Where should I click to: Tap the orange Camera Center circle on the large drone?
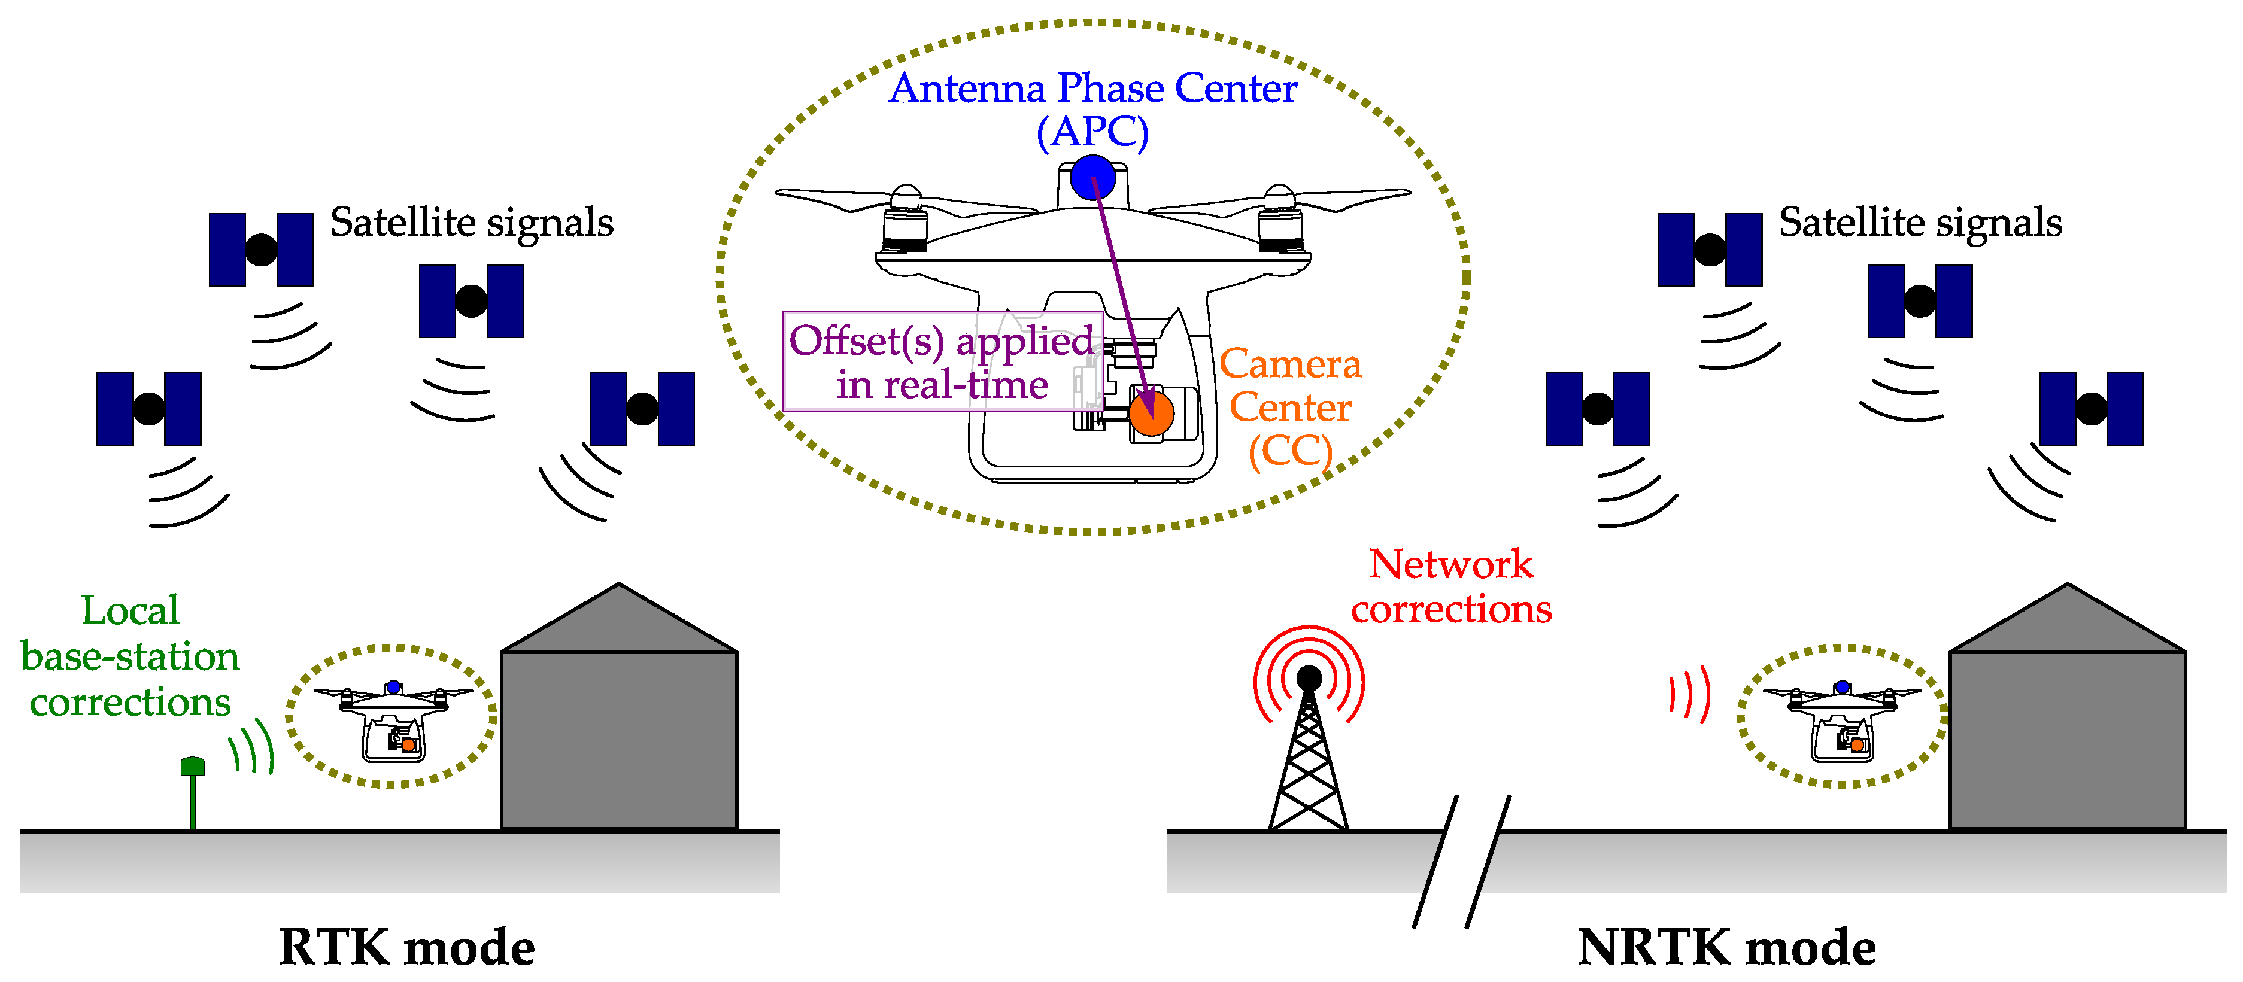(x=1151, y=413)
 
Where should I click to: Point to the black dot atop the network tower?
(x=1308, y=678)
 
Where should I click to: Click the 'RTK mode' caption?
(x=406, y=947)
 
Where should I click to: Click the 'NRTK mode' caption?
(x=1726, y=947)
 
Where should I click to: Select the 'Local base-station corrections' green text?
(x=130, y=655)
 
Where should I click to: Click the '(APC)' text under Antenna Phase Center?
(x=1092, y=132)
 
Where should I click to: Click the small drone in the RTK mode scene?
(x=393, y=718)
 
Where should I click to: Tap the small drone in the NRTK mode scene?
(x=1841, y=718)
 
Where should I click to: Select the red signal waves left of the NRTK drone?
(x=1689, y=694)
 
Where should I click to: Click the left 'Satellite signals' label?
(x=471, y=223)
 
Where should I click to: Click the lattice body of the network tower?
(x=1308, y=766)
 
